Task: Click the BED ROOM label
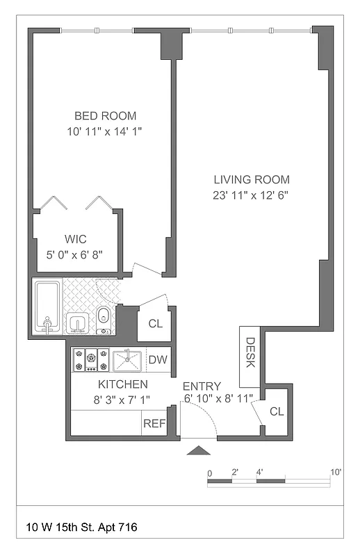(x=106, y=116)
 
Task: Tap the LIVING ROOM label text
(x=252, y=179)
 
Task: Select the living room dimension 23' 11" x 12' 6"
(x=251, y=195)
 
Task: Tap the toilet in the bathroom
(x=103, y=316)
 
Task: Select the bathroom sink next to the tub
(x=76, y=322)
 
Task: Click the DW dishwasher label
(x=157, y=360)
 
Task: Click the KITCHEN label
(x=122, y=384)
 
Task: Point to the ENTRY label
(x=202, y=386)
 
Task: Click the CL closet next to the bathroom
(x=156, y=323)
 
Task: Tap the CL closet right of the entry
(x=277, y=411)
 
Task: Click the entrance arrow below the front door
(x=199, y=451)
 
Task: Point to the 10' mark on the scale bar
(x=336, y=473)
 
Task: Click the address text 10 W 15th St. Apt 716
(x=81, y=528)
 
